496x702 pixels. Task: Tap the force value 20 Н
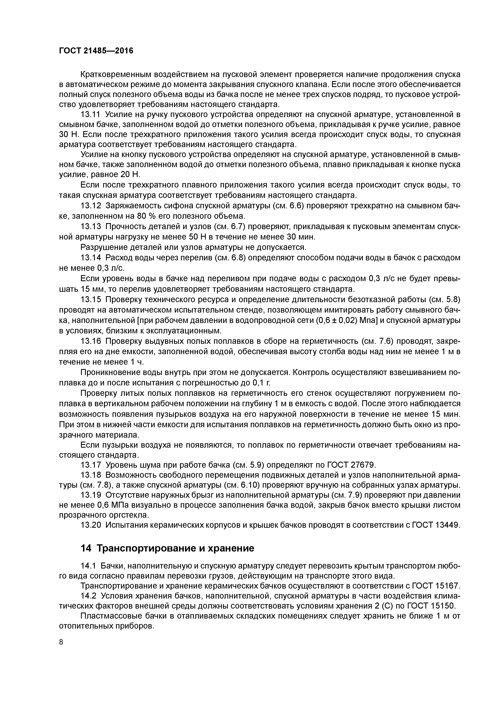tap(130, 174)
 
